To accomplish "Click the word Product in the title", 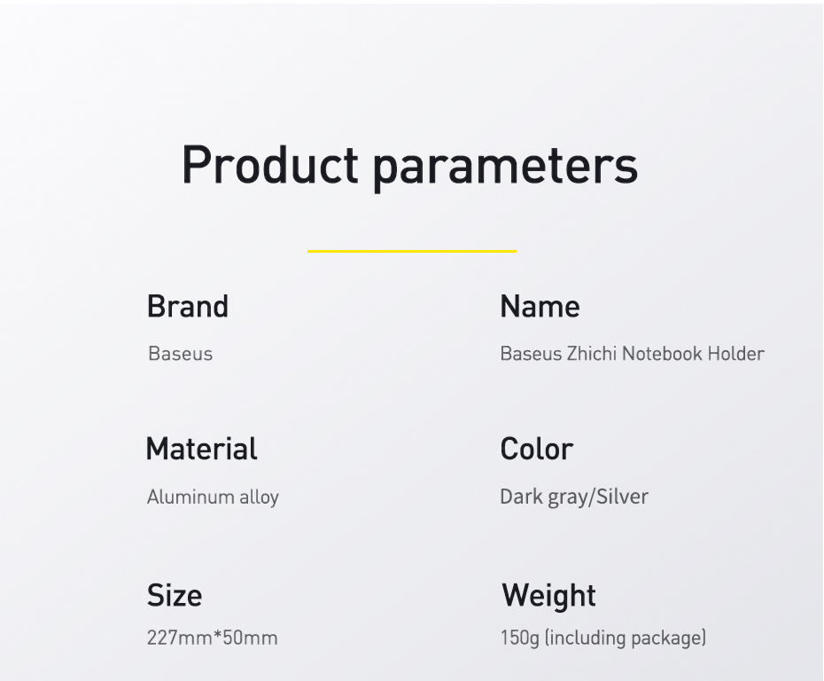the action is click(x=270, y=165).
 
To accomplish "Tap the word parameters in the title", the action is click(x=506, y=168).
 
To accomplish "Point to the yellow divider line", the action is click(x=412, y=251).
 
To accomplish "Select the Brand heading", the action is click(x=188, y=306).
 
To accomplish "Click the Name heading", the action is click(x=540, y=306).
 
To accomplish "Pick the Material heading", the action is click(x=202, y=449).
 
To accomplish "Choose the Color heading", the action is click(x=537, y=449).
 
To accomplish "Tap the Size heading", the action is click(x=175, y=595).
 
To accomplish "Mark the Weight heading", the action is click(x=548, y=597).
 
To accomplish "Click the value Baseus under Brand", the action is click(x=180, y=354).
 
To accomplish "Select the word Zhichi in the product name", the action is click(x=592, y=354).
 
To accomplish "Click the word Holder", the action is click(x=736, y=354).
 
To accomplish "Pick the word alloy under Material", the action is click(x=259, y=498).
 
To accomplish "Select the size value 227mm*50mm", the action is click(x=213, y=638).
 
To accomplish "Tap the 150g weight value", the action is click(x=520, y=638).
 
